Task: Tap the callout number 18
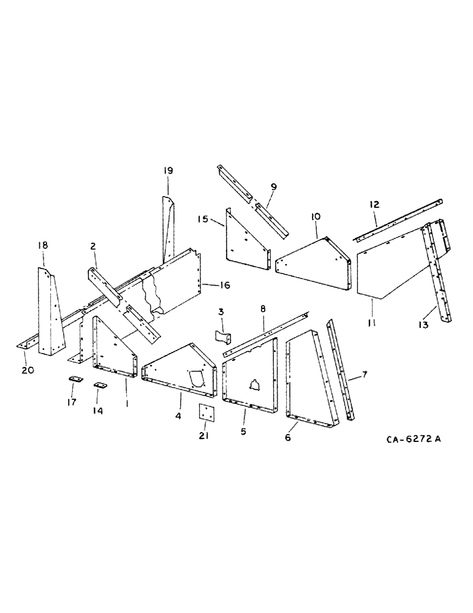pos(42,245)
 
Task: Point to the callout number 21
pos(203,436)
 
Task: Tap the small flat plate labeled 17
pos(74,380)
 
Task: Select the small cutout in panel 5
pos(254,385)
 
